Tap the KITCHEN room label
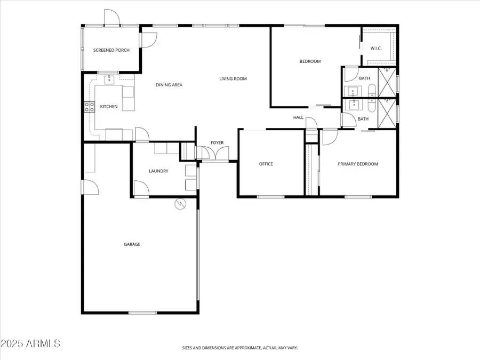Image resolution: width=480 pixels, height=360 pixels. pyautogui.click(x=109, y=107)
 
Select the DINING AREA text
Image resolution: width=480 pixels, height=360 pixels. pyautogui.click(x=170, y=85)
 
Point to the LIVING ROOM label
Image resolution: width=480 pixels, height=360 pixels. pyautogui.click(x=233, y=79)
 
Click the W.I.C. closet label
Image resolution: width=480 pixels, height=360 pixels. pyautogui.click(x=376, y=49)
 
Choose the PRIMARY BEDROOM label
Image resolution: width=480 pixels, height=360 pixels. pyautogui.click(x=358, y=164)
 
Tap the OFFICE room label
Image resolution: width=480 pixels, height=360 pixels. pyautogui.click(x=266, y=164)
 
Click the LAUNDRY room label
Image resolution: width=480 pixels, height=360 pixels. pyautogui.click(x=158, y=171)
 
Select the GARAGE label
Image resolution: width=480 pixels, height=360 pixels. pyautogui.click(x=132, y=244)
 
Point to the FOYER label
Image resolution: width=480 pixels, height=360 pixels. pyautogui.click(x=217, y=142)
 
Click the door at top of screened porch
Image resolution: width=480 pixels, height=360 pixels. pyautogui.click(x=112, y=18)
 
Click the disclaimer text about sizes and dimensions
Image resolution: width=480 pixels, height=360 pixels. pyautogui.click(x=239, y=348)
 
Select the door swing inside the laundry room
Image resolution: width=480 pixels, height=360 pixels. pyautogui.click(x=141, y=188)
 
